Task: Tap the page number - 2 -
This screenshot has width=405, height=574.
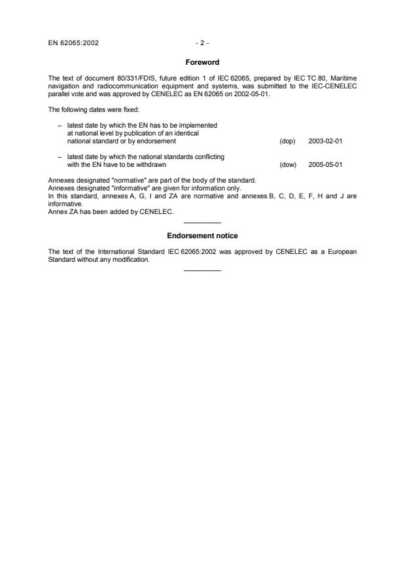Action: [x=202, y=44]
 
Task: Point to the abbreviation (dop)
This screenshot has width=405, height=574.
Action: [x=287, y=141]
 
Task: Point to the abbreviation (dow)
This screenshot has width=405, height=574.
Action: [x=288, y=165]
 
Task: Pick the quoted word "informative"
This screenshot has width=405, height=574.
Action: [x=111, y=186]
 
